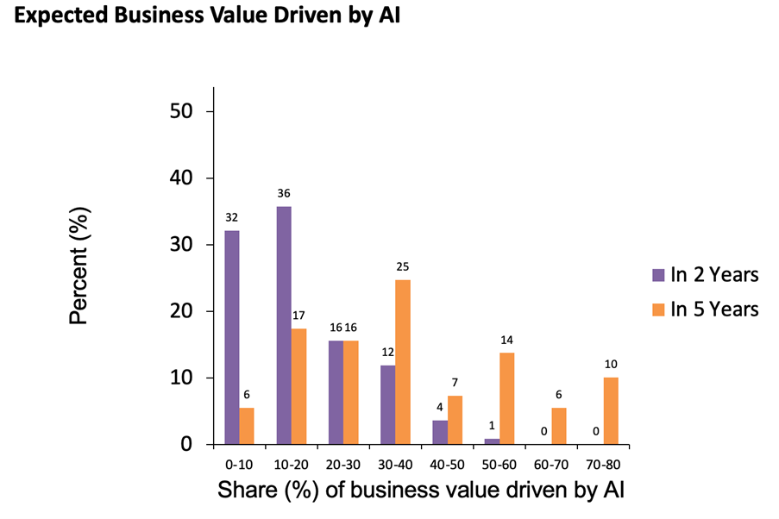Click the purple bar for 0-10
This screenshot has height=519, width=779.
[x=231, y=337]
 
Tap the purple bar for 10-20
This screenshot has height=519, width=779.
[x=284, y=325]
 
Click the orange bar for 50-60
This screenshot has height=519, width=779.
[x=506, y=398]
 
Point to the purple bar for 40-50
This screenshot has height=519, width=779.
[x=440, y=432]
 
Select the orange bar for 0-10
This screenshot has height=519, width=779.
[x=246, y=426]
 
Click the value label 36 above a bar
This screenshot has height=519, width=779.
[x=284, y=193]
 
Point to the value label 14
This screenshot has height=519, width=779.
[x=506, y=340]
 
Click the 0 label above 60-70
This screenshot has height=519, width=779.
[x=543, y=431]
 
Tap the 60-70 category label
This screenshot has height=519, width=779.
[x=550, y=464]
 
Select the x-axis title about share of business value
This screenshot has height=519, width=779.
[x=421, y=491]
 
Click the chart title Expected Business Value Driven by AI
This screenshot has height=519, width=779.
[x=208, y=18]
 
